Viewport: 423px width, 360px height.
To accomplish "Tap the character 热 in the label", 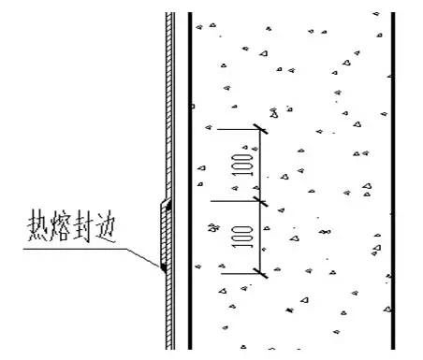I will click(x=40, y=230).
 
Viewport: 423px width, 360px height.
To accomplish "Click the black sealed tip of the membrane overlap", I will click(x=163, y=268).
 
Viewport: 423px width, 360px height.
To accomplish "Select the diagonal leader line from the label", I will click(x=144, y=258).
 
